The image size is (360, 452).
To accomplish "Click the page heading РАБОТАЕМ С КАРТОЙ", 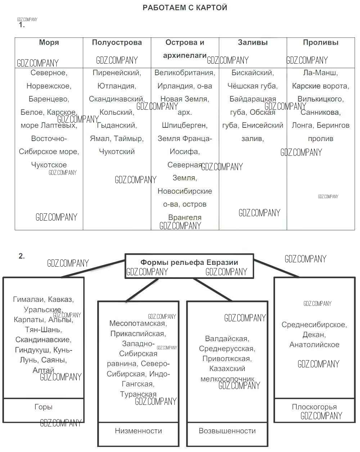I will click(x=185, y=8).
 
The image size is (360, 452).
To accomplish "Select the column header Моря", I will click(x=49, y=42).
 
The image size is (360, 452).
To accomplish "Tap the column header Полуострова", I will click(x=117, y=42).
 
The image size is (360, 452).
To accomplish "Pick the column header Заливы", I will click(x=253, y=42).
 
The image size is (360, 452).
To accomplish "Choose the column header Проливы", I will click(x=320, y=42).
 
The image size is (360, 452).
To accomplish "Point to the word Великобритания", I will click(x=184, y=73).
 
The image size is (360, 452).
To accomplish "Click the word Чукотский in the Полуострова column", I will click(x=117, y=152).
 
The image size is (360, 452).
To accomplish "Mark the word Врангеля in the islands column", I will click(x=185, y=217).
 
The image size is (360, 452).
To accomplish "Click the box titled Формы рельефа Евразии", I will click(x=189, y=263).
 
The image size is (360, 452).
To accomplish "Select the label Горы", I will click(x=44, y=407).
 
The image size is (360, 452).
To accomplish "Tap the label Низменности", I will click(x=138, y=431).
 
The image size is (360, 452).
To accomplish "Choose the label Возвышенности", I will click(x=227, y=431).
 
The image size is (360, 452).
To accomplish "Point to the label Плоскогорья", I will click(x=314, y=407).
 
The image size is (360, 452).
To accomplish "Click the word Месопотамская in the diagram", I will click(x=137, y=324).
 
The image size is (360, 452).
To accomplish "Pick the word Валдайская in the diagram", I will click(x=226, y=339).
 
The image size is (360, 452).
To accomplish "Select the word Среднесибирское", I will click(x=314, y=325).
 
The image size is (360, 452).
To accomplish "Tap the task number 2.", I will click(x=22, y=256).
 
